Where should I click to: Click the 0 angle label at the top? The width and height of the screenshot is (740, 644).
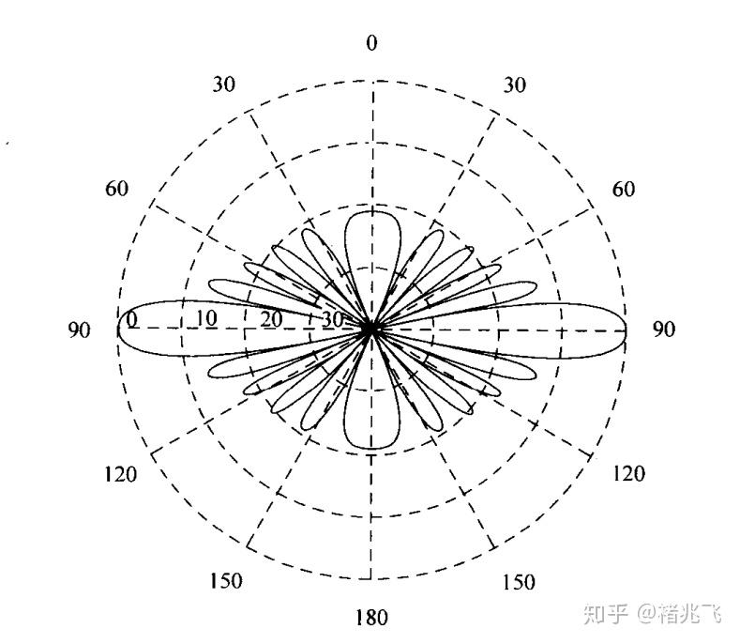coord(372,44)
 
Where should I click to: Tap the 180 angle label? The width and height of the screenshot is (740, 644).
coord(371,617)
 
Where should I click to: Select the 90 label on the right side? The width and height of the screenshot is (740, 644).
coord(663,330)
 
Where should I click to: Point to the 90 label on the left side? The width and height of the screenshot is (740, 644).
coord(79,331)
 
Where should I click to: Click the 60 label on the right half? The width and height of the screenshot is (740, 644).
coord(623,190)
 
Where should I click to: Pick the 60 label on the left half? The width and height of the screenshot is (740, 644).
coord(117,188)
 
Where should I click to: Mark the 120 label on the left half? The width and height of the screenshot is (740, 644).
coord(120,473)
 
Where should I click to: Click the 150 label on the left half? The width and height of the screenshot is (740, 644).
coord(224,580)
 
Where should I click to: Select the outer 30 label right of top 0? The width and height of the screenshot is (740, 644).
coord(513,85)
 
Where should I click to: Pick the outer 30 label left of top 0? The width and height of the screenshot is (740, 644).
coord(223,84)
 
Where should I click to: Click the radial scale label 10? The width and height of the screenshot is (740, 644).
coord(205,318)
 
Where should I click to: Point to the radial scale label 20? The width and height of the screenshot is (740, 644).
coord(271,318)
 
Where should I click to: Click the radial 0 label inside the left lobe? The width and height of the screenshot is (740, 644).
coord(132,320)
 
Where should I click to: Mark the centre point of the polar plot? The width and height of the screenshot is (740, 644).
coord(371,330)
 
